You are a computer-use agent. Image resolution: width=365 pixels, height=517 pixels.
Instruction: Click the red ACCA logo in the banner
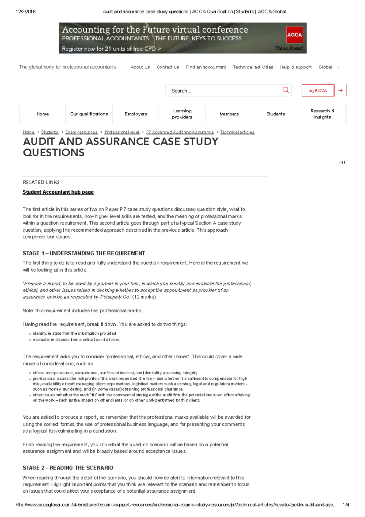294,35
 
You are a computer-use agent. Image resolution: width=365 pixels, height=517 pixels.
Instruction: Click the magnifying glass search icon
286,90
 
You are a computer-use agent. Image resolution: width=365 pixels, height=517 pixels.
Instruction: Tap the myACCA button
318,90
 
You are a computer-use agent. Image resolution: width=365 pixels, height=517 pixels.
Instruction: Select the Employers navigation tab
136,114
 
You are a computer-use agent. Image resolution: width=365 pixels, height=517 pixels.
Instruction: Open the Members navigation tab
229,114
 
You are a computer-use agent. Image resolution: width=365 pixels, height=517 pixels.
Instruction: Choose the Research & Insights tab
322,114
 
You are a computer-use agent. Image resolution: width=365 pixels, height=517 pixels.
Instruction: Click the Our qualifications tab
89,114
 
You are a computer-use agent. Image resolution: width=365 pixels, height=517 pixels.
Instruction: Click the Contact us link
168,67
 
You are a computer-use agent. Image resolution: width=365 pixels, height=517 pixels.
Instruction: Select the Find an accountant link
206,67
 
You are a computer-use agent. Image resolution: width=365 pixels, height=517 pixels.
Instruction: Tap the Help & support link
296,67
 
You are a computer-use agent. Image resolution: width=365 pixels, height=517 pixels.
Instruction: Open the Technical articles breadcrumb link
237,132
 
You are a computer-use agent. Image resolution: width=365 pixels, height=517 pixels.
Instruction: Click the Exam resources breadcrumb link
81,132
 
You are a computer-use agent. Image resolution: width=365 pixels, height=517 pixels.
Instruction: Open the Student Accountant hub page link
58,192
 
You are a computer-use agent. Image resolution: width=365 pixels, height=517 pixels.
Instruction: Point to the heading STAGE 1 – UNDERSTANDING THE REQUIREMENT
84,253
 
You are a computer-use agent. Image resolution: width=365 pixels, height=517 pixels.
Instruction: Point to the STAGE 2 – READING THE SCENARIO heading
68,468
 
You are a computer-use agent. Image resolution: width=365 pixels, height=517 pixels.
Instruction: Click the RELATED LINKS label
41,182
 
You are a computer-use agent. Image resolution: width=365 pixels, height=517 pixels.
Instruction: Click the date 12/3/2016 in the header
25,12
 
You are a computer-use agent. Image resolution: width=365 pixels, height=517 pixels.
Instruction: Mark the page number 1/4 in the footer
346,505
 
